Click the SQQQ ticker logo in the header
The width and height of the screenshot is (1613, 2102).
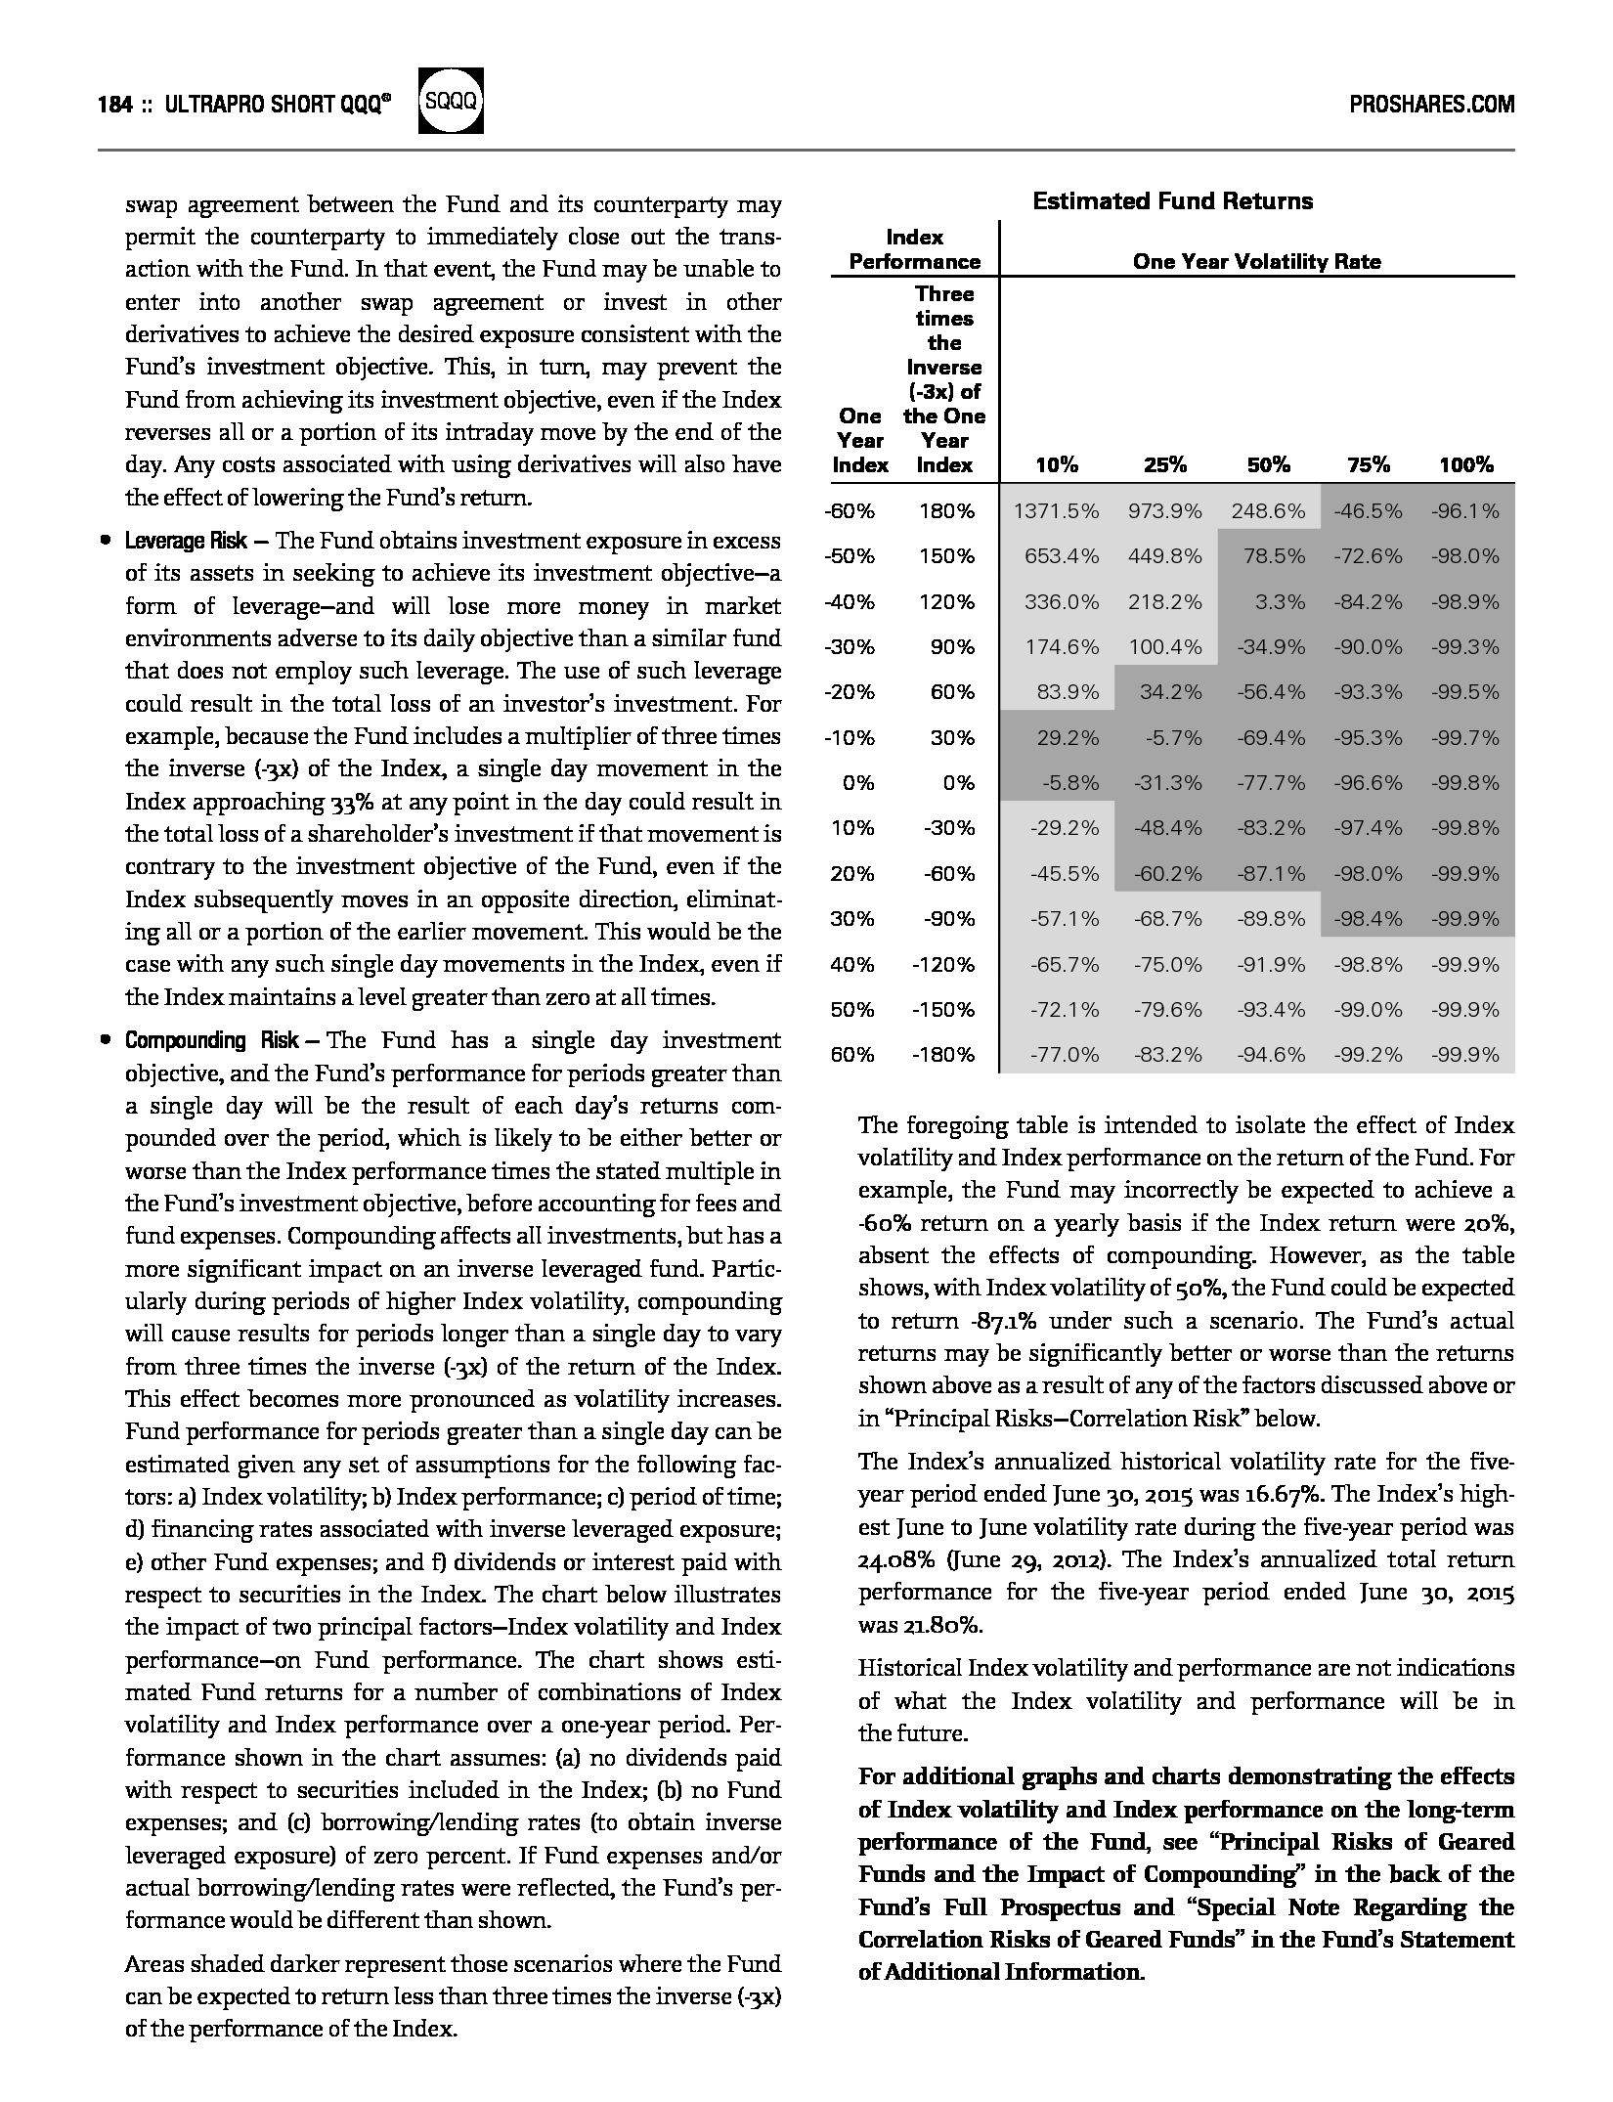pyautogui.click(x=451, y=101)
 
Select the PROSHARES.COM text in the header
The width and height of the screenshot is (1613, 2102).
pyautogui.click(x=1431, y=105)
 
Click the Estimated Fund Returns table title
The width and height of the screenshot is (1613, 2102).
pyautogui.click(x=1172, y=201)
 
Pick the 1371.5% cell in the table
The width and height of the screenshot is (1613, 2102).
pyautogui.click(x=1056, y=510)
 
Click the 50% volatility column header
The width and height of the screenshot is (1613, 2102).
pyautogui.click(x=1268, y=465)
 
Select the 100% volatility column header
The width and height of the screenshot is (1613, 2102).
pyautogui.click(x=1465, y=465)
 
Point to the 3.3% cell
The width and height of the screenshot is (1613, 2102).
pyautogui.click(x=1280, y=601)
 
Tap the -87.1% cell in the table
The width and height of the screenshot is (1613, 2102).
pyautogui.click(x=1270, y=873)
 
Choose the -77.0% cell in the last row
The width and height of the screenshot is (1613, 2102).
pyautogui.click(x=1064, y=1054)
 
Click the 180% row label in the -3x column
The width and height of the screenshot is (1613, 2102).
pyautogui.click(x=945, y=510)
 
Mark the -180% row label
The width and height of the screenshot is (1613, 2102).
pyautogui.click(x=942, y=1054)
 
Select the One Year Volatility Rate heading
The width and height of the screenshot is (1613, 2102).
pyautogui.click(x=1256, y=261)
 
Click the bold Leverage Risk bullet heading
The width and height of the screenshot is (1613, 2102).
pyautogui.click(x=186, y=541)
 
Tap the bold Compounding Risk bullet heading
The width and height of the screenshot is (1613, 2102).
pyautogui.click(x=211, y=1040)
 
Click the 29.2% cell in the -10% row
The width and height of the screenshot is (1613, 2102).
pyautogui.click(x=1068, y=737)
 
